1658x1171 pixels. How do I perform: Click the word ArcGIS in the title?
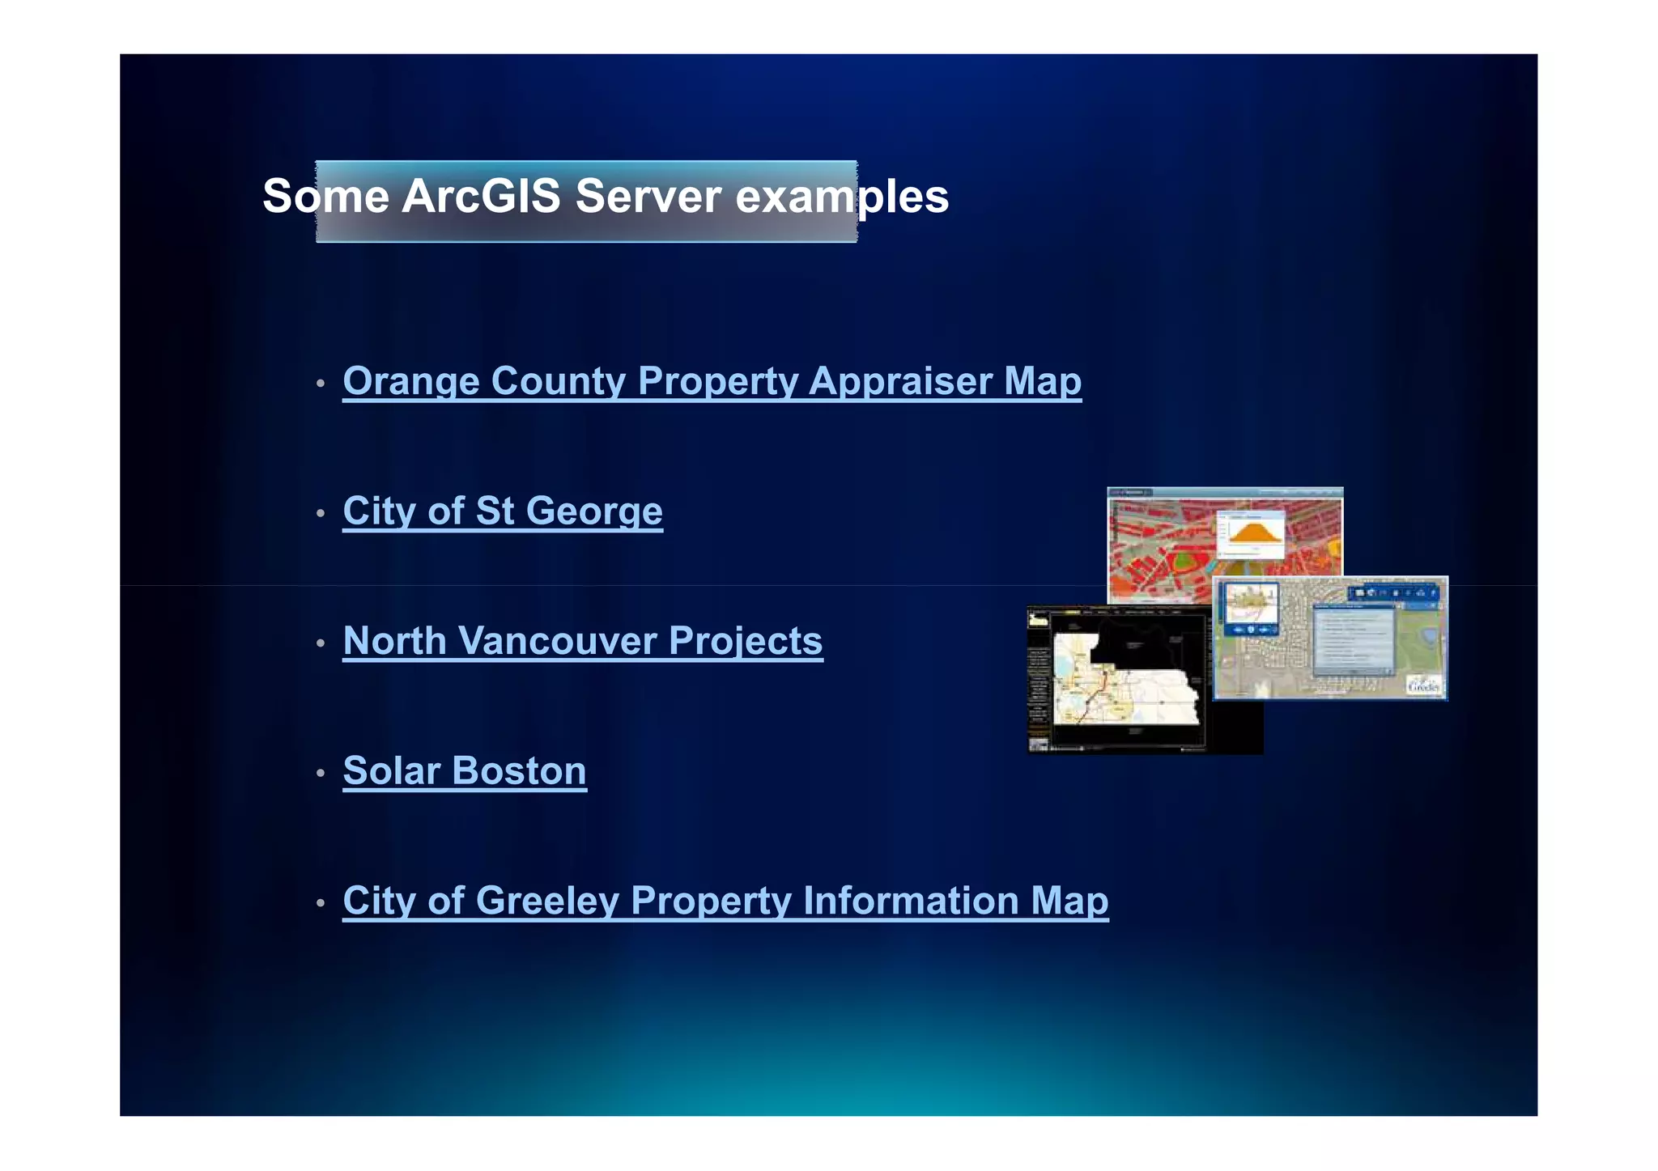[x=481, y=196]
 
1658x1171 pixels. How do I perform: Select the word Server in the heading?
[x=648, y=196]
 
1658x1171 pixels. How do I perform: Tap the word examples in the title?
[x=842, y=197]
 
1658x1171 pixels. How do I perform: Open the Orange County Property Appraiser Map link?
[x=712, y=381]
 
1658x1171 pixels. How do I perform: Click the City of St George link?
[x=502, y=511]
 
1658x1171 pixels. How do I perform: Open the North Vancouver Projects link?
[x=582, y=641]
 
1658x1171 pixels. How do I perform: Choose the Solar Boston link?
[x=464, y=770]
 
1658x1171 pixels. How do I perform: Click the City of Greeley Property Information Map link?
[x=725, y=901]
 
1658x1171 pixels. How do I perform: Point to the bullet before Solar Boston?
[x=321, y=774]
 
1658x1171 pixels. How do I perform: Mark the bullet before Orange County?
[x=321, y=384]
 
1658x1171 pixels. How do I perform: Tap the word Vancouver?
[x=557, y=641]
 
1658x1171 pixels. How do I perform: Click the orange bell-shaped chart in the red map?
[x=1251, y=534]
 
